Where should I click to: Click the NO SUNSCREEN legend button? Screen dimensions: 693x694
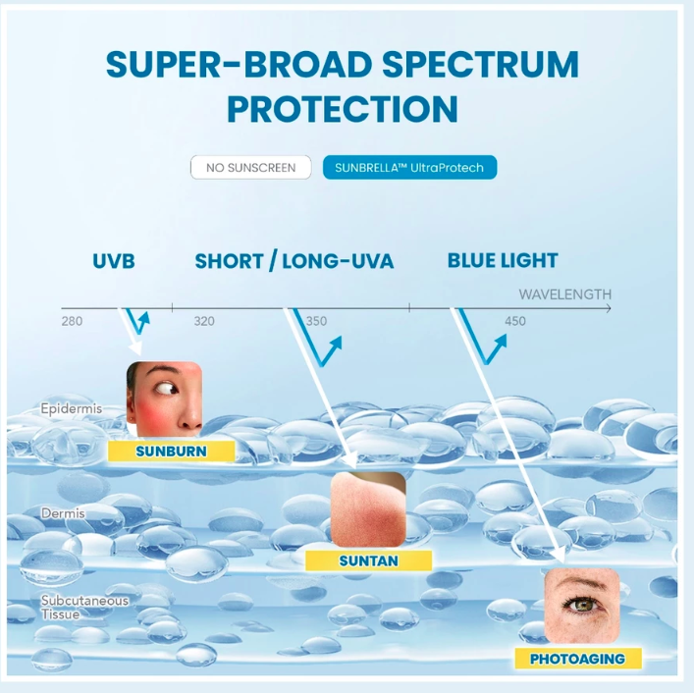click(x=250, y=168)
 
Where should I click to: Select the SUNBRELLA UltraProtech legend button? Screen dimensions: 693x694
click(x=409, y=168)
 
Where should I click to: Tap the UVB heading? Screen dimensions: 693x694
click(x=113, y=261)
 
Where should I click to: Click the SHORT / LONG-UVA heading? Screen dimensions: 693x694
click(x=294, y=261)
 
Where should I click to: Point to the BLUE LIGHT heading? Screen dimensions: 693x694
click(x=502, y=261)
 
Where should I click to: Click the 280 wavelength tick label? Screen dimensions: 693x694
click(x=72, y=321)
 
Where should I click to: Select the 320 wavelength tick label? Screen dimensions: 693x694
click(x=204, y=321)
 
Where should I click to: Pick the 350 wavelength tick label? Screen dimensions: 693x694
click(x=316, y=321)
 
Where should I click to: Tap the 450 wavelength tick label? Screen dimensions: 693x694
click(x=514, y=321)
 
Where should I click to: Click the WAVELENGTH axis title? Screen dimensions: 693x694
click(x=564, y=294)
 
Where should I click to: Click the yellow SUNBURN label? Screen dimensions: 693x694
click(x=171, y=452)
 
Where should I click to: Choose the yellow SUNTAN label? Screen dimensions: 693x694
click(x=368, y=560)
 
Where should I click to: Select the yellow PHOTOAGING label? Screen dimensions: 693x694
click(x=578, y=659)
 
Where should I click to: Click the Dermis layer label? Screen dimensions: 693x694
click(x=63, y=512)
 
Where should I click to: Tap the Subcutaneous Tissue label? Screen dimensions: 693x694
click(x=71, y=607)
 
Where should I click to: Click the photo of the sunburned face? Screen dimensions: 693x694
click(x=164, y=399)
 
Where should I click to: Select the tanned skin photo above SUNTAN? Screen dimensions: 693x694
click(x=368, y=508)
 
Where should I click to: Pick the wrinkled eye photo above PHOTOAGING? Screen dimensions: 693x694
click(x=581, y=606)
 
